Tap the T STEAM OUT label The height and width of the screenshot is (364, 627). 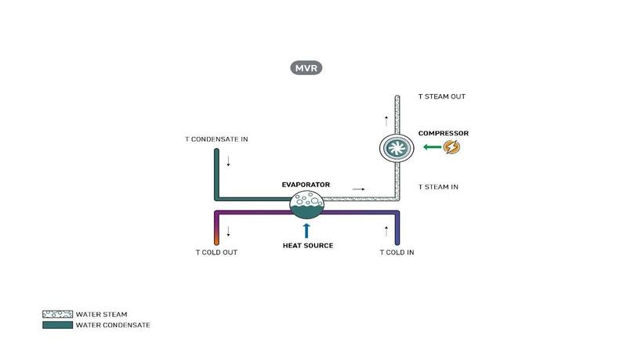coord(441,97)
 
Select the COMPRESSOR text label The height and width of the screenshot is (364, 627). coord(443,133)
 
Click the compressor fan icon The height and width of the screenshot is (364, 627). coord(397,149)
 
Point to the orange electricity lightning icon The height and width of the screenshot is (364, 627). coord(451,146)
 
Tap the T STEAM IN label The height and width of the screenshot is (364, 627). coord(439,187)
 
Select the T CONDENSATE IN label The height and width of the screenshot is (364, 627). coord(216,139)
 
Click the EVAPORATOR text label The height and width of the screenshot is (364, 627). coord(306,185)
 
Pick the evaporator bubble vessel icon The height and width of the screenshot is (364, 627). coord(306,205)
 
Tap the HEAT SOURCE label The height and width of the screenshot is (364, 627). coord(307,246)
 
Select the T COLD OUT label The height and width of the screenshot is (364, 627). coord(216,253)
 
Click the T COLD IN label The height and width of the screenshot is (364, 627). coord(397,253)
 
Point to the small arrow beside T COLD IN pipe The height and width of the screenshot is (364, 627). coord(386,232)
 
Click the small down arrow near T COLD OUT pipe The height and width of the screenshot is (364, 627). coord(228,232)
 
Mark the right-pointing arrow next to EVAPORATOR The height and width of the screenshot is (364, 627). coord(358,189)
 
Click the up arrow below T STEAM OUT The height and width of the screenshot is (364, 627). coord(386,121)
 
